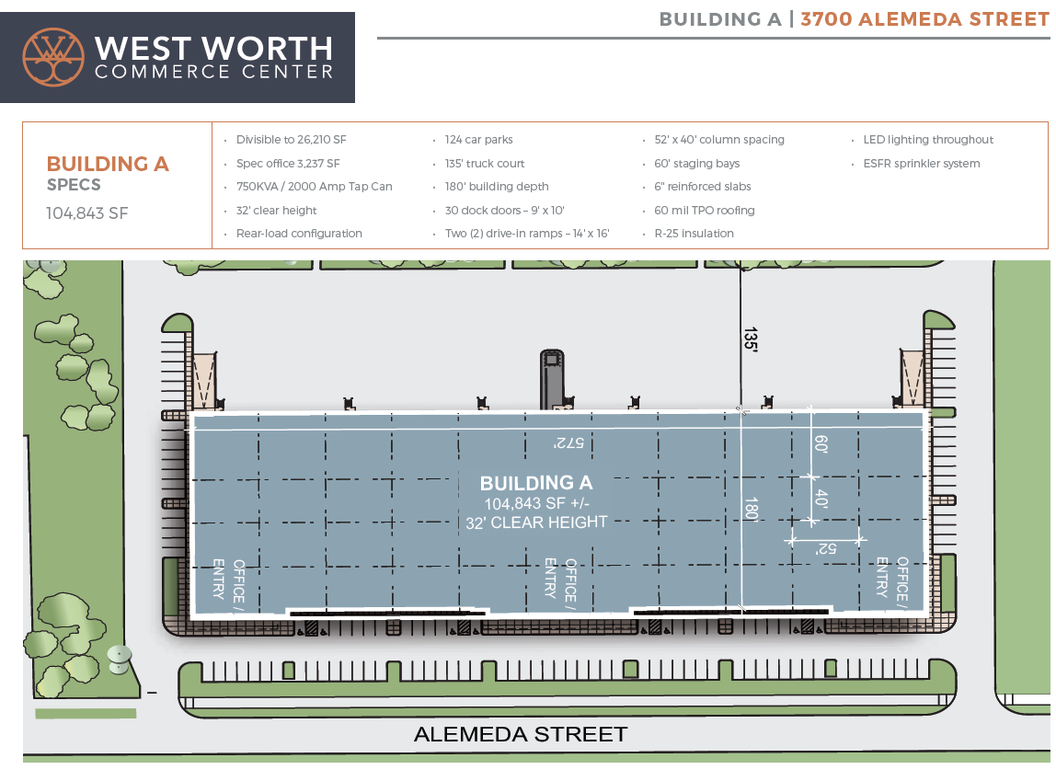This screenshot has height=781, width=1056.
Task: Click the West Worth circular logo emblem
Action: click(x=53, y=57)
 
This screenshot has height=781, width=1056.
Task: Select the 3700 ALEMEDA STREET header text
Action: click(x=924, y=19)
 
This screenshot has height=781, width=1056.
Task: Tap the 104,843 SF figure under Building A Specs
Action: click(x=87, y=213)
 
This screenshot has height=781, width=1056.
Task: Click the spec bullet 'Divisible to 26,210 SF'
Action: click(x=291, y=140)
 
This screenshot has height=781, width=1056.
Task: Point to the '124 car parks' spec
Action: click(x=478, y=140)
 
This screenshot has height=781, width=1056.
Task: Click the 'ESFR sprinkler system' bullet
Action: click(x=921, y=164)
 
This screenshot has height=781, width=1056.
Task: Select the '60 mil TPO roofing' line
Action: click(x=704, y=211)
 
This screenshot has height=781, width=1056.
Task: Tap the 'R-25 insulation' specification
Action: click(x=694, y=234)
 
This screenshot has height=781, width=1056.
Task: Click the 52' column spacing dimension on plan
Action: click(x=824, y=548)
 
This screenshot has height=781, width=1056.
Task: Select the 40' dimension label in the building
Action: click(x=821, y=499)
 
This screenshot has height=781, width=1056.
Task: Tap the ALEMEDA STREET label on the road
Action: click(x=521, y=734)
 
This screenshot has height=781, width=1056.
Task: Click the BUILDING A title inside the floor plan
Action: click(x=536, y=483)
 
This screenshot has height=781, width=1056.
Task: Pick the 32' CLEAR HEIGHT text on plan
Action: click(x=537, y=522)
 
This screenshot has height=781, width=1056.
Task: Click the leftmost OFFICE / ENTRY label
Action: click(x=228, y=579)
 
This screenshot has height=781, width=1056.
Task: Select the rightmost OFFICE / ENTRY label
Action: click(x=891, y=578)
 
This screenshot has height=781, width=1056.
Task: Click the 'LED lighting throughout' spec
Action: click(x=927, y=140)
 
